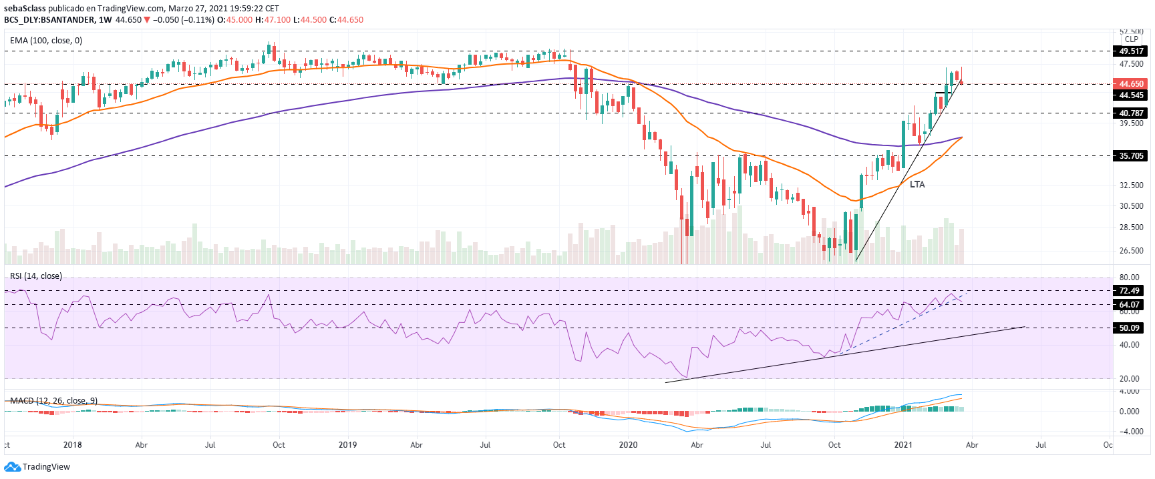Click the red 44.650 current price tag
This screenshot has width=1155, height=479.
[x=1130, y=84]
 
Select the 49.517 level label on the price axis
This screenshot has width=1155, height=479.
[x=1131, y=51]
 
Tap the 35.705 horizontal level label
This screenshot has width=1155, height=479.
[x=1131, y=156]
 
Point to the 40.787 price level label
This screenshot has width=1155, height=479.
[x=1131, y=113]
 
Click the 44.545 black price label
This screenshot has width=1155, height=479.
[x=1131, y=95]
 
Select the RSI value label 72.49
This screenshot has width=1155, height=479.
[x=1129, y=291]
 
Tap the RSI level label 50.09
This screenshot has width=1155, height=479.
[x=1129, y=328]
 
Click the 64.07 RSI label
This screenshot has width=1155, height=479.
[x=1129, y=305]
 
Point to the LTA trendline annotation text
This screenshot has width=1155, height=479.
[x=917, y=184]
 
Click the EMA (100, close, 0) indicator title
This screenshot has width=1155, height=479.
[x=46, y=41]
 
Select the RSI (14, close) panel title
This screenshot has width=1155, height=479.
[x=36, y=276]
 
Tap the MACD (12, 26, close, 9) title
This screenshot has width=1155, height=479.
[x=53, y=401]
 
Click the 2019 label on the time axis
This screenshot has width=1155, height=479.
[x=347, y=445]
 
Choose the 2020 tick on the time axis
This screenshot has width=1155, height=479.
[x=628, y=445]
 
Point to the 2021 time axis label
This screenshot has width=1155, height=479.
[x=903, y=445]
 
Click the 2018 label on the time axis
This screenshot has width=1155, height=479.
[x=72, y=445]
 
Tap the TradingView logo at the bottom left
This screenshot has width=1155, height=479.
[x=39, y=467]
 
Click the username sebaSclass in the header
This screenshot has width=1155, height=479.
[x=25, y=9]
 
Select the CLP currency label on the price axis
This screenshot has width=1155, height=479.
[x=1131, y=39]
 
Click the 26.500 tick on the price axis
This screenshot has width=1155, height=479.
[x=1131, y=251]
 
